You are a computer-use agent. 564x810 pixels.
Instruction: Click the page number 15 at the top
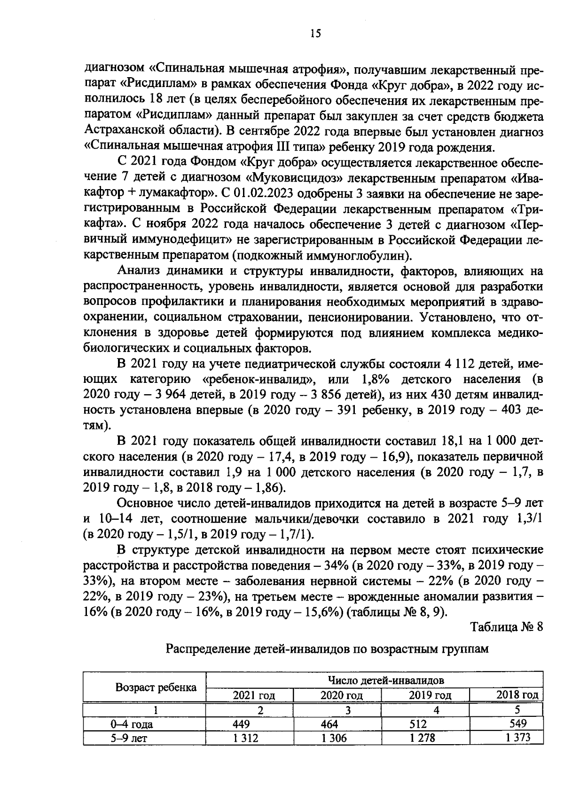point(315,33)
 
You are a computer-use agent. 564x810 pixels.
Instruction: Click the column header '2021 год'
point(254,695)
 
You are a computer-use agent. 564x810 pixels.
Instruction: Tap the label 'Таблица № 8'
point(507,627)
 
